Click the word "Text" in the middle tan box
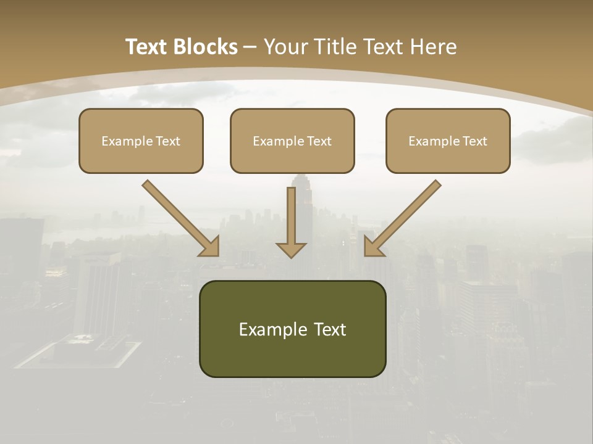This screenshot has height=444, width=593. (x=319, y=141)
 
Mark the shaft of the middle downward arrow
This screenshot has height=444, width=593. (x=291, y=213)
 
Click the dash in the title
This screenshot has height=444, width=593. (x=250, y=47)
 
